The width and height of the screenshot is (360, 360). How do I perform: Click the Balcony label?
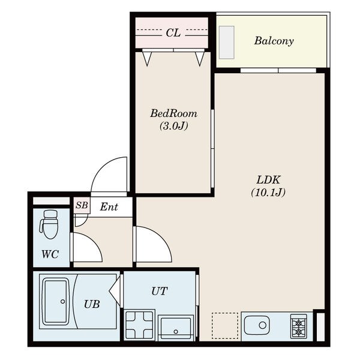point(274,41)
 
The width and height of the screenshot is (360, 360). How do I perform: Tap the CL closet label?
point(173,33)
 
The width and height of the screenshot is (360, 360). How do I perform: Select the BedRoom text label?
point(174,113)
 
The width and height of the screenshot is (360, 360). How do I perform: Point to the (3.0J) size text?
point(174,126)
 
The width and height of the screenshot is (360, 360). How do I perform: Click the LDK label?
point(268,180)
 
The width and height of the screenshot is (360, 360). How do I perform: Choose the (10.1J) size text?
point(268,193)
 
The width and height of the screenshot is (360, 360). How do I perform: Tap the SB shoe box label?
point(82,205)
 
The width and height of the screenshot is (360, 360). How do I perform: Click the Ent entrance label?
point(109,207)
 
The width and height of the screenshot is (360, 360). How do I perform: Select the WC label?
point(50,254)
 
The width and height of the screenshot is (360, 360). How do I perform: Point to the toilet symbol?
point(49,224)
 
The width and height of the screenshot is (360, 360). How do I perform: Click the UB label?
point(92,304)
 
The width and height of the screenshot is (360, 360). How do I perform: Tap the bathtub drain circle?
point(62,301)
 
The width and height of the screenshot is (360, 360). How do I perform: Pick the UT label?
point(160,291)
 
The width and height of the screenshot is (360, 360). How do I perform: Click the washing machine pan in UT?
point(140,325)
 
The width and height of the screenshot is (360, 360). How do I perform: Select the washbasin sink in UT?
point(176,328)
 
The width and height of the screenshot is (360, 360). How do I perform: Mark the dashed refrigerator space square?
point(225,326)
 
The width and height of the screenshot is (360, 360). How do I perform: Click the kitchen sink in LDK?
point(257,325)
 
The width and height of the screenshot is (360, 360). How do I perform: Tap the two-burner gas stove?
point(298,326)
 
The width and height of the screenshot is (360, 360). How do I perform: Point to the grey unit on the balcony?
point(227,43)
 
